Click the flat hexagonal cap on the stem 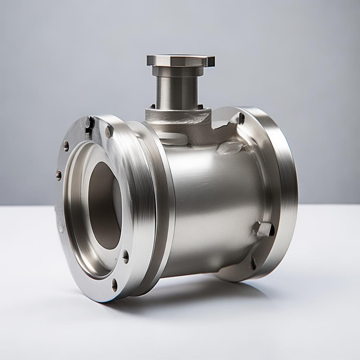pos(180,60)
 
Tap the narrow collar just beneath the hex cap pos(178,71)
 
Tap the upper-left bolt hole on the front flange pos(66,146)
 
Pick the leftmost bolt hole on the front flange pos(59,175)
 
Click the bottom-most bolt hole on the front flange pos(114,284)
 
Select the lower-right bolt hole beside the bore pos(126,256)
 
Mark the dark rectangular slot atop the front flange pos(89,127)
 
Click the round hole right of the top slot pos(109,131)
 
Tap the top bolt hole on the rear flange pos(241,118)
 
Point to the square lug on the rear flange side pos(264,229)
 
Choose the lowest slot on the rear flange pos(253,263)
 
